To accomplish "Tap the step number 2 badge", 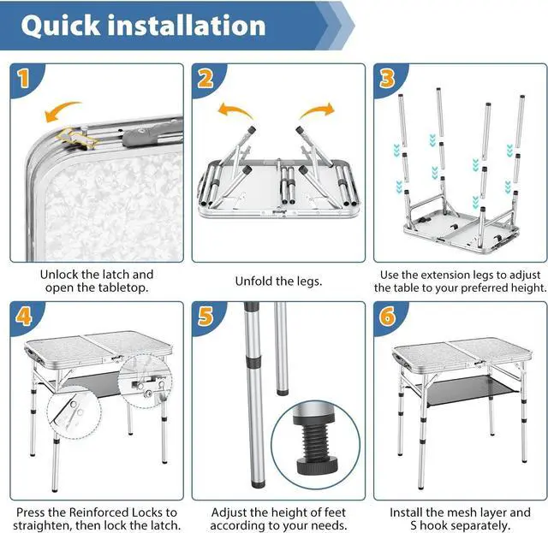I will point(205,79).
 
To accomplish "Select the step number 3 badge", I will point(388,79).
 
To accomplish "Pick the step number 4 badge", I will point(23,316).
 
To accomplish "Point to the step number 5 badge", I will point(205,316).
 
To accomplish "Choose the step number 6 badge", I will point(388,316).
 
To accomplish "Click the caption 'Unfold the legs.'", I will point(278,281).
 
